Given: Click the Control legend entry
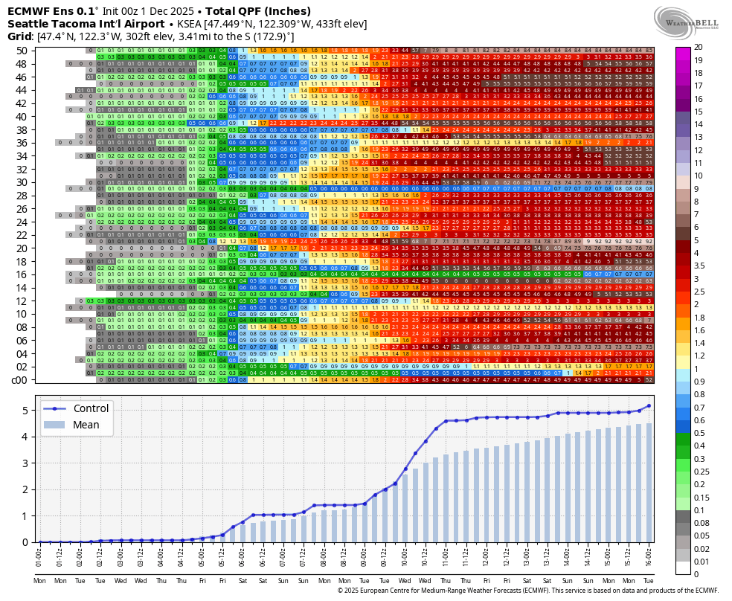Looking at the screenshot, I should tap(91, 408).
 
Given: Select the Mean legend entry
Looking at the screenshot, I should tap(86, 425).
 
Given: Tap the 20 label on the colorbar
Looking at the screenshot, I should tap(698, 47).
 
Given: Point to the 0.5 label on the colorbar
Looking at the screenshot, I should tap(699, 432).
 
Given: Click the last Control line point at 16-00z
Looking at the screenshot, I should tap(649, 405).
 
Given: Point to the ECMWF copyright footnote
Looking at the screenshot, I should tap(528, 591).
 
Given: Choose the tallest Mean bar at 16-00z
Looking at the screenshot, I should tap(649, 483).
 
